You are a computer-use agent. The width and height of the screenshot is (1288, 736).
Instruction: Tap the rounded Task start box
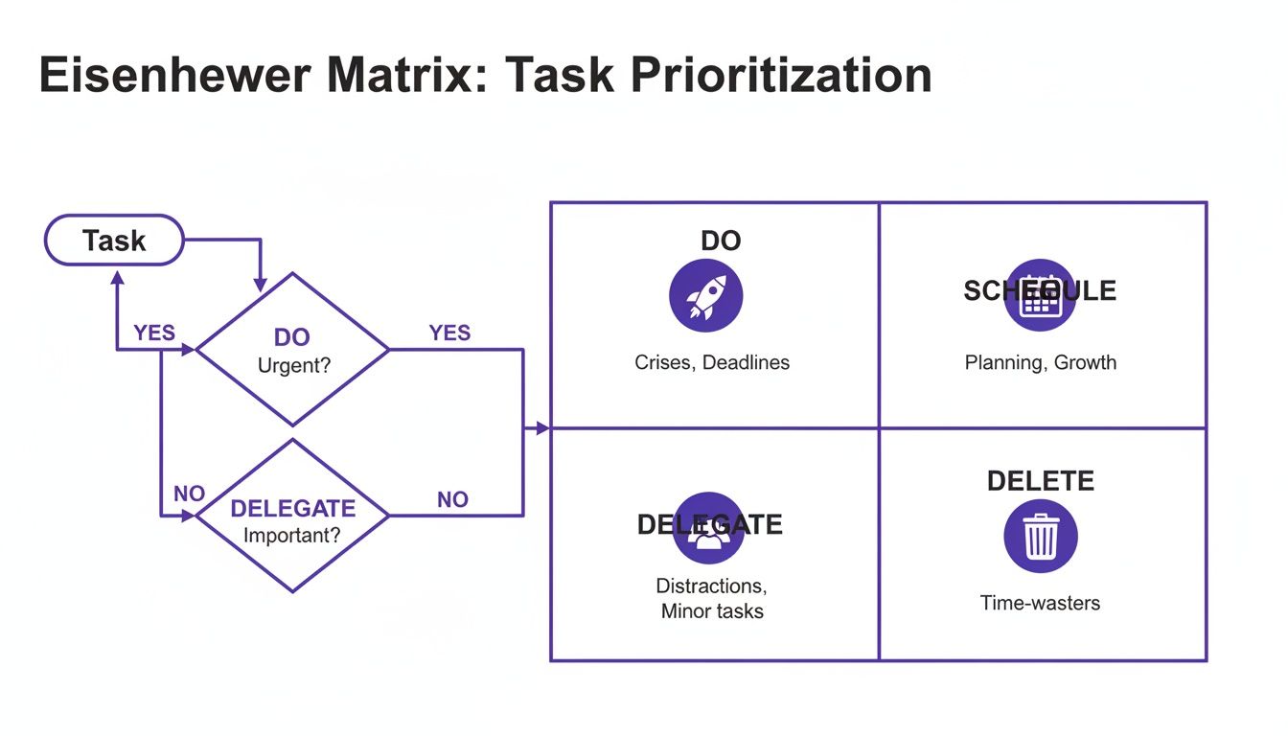pyautogui.click(x=114, y=240)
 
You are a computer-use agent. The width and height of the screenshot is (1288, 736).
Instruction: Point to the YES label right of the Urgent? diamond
pyautogui.click(x=449, y=333)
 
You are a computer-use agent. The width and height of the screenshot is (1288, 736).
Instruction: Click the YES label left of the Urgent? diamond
pyautogui.click(x=154, y=333)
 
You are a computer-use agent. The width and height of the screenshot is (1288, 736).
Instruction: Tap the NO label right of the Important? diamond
pyautogui.click(x=452, y=499)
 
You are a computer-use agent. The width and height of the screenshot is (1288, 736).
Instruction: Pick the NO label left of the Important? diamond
pyautogui.click(x=189, y=494)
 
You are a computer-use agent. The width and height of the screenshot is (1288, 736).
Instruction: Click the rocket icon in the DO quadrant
pyautogui.click(x=705, y=296)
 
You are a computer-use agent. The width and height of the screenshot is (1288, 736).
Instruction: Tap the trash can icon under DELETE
pyautogui.click(x=1040, y=537)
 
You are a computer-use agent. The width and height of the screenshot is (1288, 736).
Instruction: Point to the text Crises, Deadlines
pyautogui.click(x=711, y=362)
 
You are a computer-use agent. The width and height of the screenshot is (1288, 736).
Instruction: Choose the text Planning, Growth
pyautogui.click(x=1040, y=362)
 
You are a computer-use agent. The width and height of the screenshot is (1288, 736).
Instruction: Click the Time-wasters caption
pyautogui.click(x=1040, y=603)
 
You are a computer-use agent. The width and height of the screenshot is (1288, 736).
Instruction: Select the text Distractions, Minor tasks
pyautogui.click(x=711, y=598)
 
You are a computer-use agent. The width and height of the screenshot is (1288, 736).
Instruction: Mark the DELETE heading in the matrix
pyautogui.click(x=1040, y=480)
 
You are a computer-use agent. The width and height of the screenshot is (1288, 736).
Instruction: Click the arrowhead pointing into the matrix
pyautogui.click(x=542, y=428)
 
